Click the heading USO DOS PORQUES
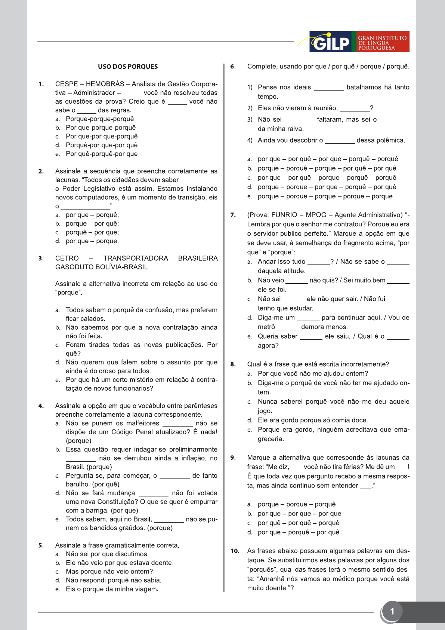128,67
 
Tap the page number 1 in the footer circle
392,611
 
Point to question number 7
233,215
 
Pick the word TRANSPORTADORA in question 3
136,259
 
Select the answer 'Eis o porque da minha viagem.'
112,589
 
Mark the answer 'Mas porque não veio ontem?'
109,571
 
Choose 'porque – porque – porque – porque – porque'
325,196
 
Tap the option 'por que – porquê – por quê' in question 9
299,532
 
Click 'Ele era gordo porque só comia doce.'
313,420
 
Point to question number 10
235,551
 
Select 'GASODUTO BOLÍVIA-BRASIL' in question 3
102,267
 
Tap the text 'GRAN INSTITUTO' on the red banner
382,38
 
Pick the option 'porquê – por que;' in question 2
92,232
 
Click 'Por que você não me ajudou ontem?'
313,373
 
